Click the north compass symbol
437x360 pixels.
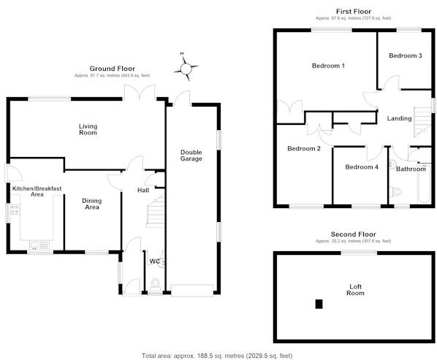coord(189,69)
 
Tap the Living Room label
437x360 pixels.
coord(88,129)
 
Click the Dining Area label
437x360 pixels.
coord(91,204)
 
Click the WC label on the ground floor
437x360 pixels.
coord(155,261)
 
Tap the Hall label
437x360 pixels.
coord(144,191)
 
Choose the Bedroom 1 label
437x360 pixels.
coord(328,66)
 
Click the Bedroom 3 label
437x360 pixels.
coord(405,55)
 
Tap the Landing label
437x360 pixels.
coord(399,118)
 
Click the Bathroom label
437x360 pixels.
coord(411,169)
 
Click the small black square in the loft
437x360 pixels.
coord(318,304)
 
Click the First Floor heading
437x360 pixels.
coord(353,12)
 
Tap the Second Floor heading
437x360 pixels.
coord(353,234)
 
